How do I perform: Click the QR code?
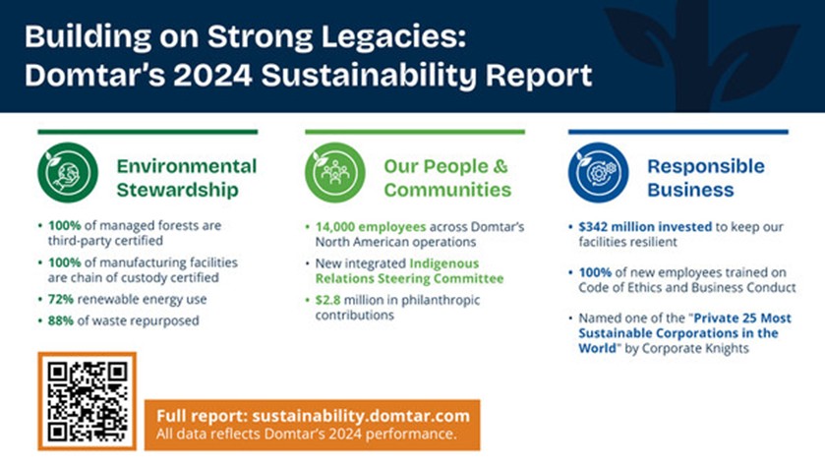pyautogui.click(x=88, y=401)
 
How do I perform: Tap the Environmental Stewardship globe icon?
pyautogui.click(x=68, y=173)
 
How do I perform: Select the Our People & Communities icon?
pyautogui.click(x=335, y=173)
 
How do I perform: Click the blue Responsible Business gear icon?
pyautogui.click(x=598, y=173)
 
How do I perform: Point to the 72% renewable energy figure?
pyautogui.click(x=61, y=299)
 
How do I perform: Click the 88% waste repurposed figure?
pyautogui.click(x=61, y=320)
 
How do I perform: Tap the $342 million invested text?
pyautogui.click(x=645, y=227)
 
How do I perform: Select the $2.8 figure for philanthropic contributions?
pyautogui.click(x=327, y=300)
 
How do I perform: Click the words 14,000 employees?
pyautogui.click(x=371, y=227)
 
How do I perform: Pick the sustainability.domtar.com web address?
pyautogui.click(x=361, y=416)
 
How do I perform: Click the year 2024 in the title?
pyautogui.click(x=213, y=76)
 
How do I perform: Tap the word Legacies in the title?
pyautogui.click(x=393, y=37)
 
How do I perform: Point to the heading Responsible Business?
pyautogui.click(x=706, y=178)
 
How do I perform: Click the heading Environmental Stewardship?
pyautogui.click(x=187, y=178)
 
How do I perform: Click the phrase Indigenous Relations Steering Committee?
pyautogui.click(x=409, y=270)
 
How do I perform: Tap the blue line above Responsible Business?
pyautogui.click(x=678, y=132)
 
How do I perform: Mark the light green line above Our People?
pyautogui.click(x=415, y=132)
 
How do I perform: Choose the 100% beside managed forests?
pyautogui.click(x=65, y=226)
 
